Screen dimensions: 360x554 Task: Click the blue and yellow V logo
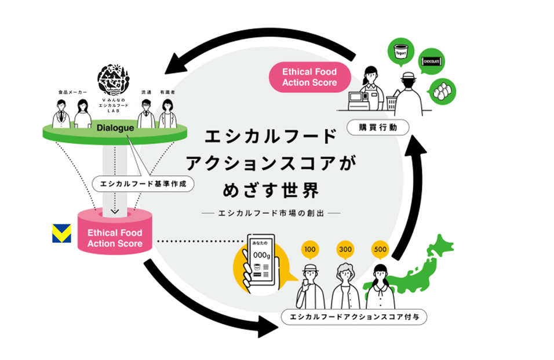click(x=61, y=233)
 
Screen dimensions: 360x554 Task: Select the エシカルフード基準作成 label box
click(x=142, y=184)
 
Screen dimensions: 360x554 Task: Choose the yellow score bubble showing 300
click(x=345, y=249)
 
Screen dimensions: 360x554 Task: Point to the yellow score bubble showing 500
click(x=380, y=249)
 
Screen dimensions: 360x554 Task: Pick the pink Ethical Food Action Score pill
click(x=309, y=77)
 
